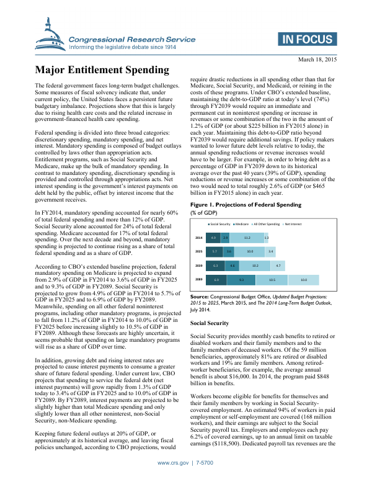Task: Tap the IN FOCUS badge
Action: click(x=308, y=41)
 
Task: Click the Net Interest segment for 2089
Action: click(x=303, y=280)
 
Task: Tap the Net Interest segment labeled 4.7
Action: click(x=278, y=266)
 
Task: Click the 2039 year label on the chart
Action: click(x=198, y=266)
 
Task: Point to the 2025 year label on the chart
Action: click(x=198, y=252)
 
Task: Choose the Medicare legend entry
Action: click(x=241, y=223)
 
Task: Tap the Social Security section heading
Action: click(x=208, y=324)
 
